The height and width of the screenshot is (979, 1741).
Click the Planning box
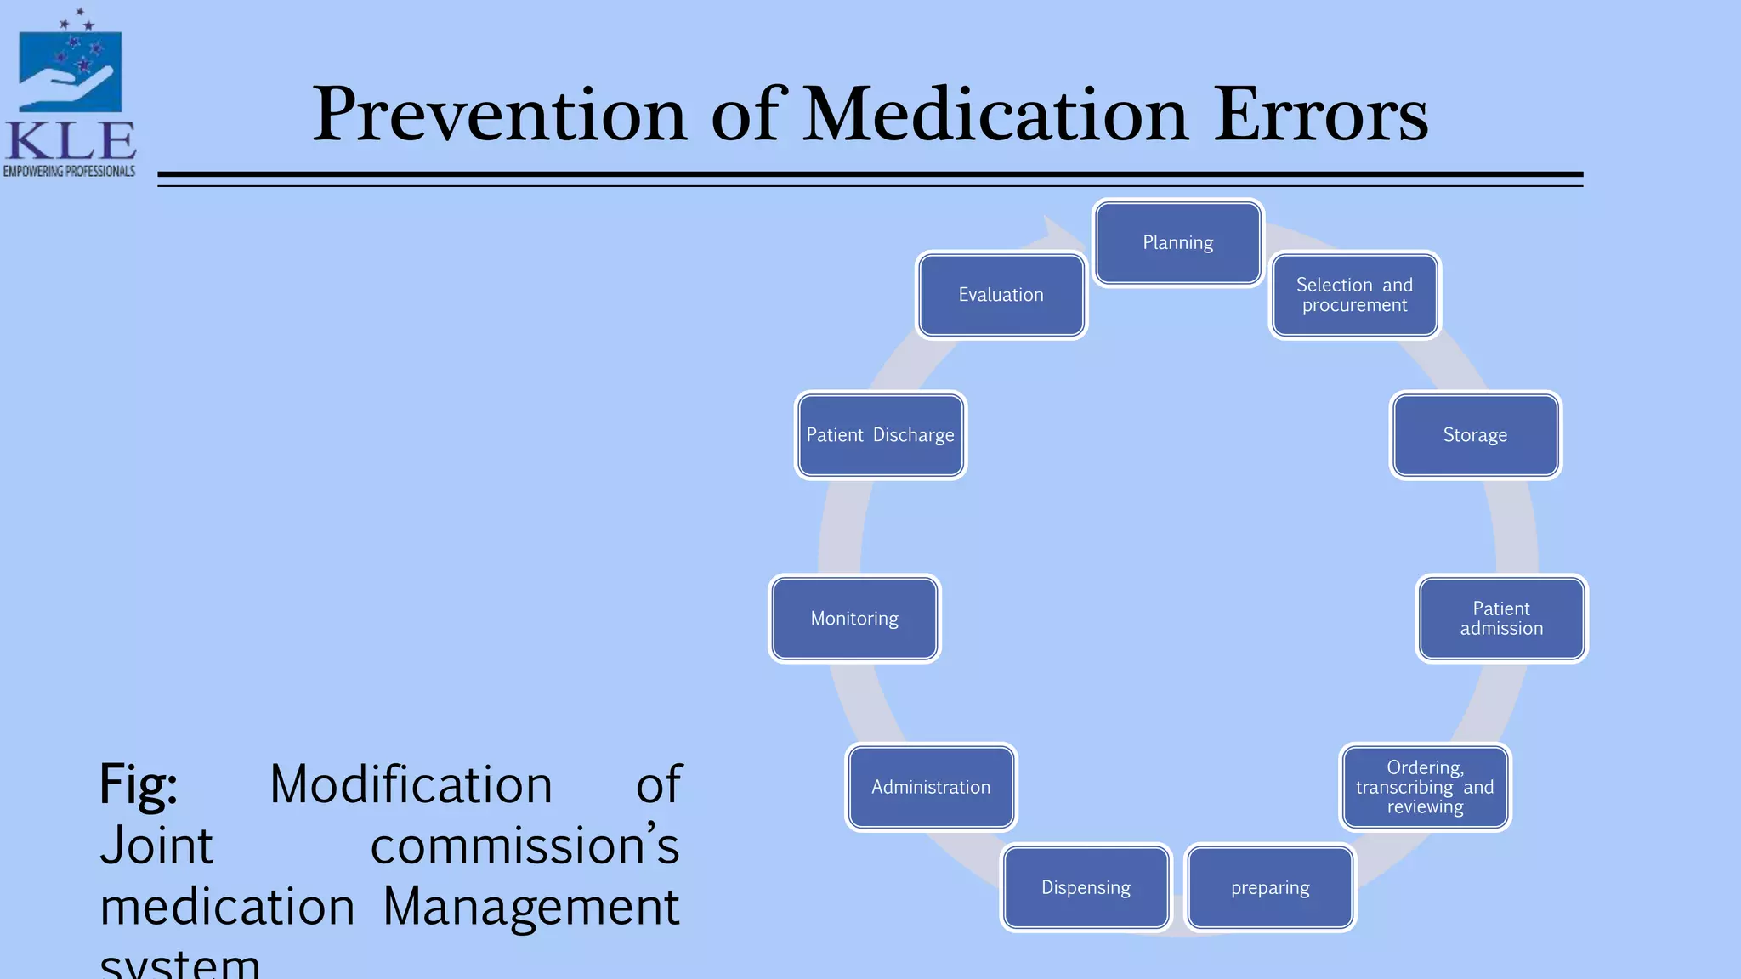click(x=1177, y=243)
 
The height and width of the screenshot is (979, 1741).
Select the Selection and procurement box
click(x=1354, y=295)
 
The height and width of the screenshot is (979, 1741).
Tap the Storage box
click(x=1475, y=435)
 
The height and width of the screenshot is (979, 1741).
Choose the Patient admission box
click(x=1501, y=619)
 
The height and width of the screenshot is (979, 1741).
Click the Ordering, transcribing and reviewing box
click(x=1425, y=787)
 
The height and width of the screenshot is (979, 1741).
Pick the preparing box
click(x=1270, y=887)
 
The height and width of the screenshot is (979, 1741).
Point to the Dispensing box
click(x=1086, y=887)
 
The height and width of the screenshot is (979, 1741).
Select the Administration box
click(x=931, y=787)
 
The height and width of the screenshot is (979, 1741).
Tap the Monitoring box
click(x=854, y=619)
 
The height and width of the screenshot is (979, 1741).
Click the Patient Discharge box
click(x=880, y=435)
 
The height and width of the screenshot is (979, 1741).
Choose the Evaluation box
click(x=1001, y=295)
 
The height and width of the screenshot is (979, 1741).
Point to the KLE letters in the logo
click(x=70, y=141)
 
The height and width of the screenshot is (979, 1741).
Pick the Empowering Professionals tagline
click(x=69, y=172)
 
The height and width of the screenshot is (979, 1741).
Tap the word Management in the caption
click(x=530, y=906)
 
